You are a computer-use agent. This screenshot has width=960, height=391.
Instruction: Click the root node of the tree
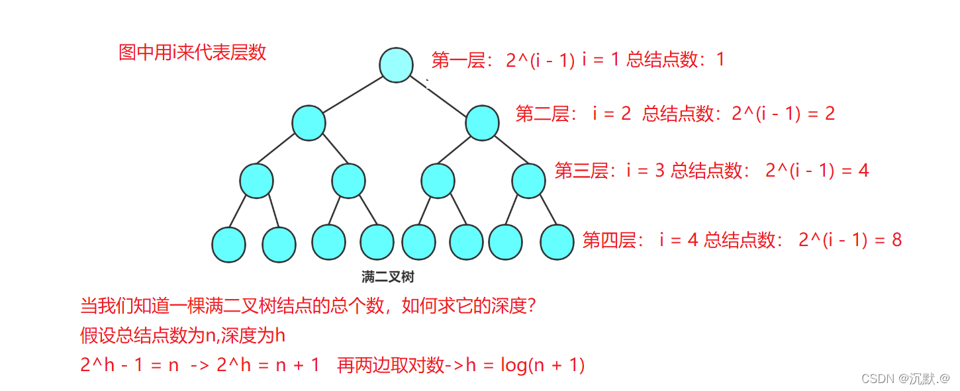point(396,65)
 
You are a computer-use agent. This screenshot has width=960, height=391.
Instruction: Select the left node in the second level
point(309,123)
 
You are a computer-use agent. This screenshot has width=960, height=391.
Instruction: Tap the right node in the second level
point(482,123)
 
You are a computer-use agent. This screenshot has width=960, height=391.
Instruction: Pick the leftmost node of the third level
point(256,181)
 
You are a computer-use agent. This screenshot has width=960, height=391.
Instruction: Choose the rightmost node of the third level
point(528,181)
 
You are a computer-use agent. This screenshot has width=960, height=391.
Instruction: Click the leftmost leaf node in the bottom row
point(228,244)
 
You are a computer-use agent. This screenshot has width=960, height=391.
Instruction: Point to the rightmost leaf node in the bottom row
point(557,242)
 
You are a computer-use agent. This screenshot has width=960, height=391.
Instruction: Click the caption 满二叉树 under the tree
point(388,277)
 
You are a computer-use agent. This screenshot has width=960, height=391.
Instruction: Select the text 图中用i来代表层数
point(192,53)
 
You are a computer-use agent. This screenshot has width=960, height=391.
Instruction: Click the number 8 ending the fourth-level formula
point(896,239)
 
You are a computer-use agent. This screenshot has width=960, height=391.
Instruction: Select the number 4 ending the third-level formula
point(863,171)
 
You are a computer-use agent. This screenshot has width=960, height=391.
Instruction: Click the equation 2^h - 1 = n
point(130,365)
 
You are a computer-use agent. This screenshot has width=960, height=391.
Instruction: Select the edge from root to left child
point(352,94)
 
